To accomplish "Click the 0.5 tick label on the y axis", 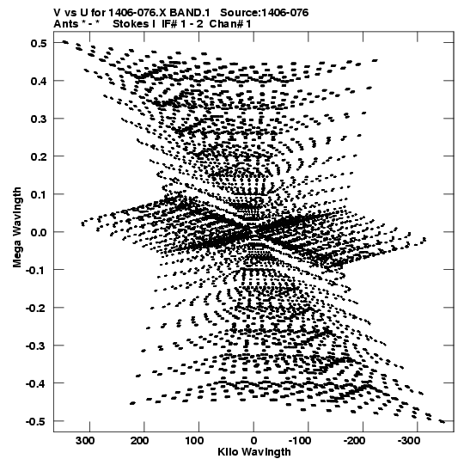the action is click(x=39, y=43).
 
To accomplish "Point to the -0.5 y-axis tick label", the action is click(x=36, y=421).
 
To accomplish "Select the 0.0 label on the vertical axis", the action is click(x=39, y=232).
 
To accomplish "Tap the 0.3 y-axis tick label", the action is click(x=39, y=119).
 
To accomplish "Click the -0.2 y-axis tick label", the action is click(x=36, y=308).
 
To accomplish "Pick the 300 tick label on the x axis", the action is click(x=85, y=441).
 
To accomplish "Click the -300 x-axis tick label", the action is click(x=409, y=441).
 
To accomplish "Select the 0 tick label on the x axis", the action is click(x=253, y=441).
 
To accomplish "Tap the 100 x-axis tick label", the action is click(x=194, y=441).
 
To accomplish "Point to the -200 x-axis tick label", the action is click(x=354, y=441).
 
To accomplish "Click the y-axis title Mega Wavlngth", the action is click(x=17, y=228).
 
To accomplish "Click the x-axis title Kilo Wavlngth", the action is click(x=254, y=452).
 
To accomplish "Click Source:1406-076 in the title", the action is click(x=265, y=13).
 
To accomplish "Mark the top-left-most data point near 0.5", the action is click(x=65, y=42).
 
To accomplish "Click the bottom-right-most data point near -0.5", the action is click(x=442, y=421).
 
